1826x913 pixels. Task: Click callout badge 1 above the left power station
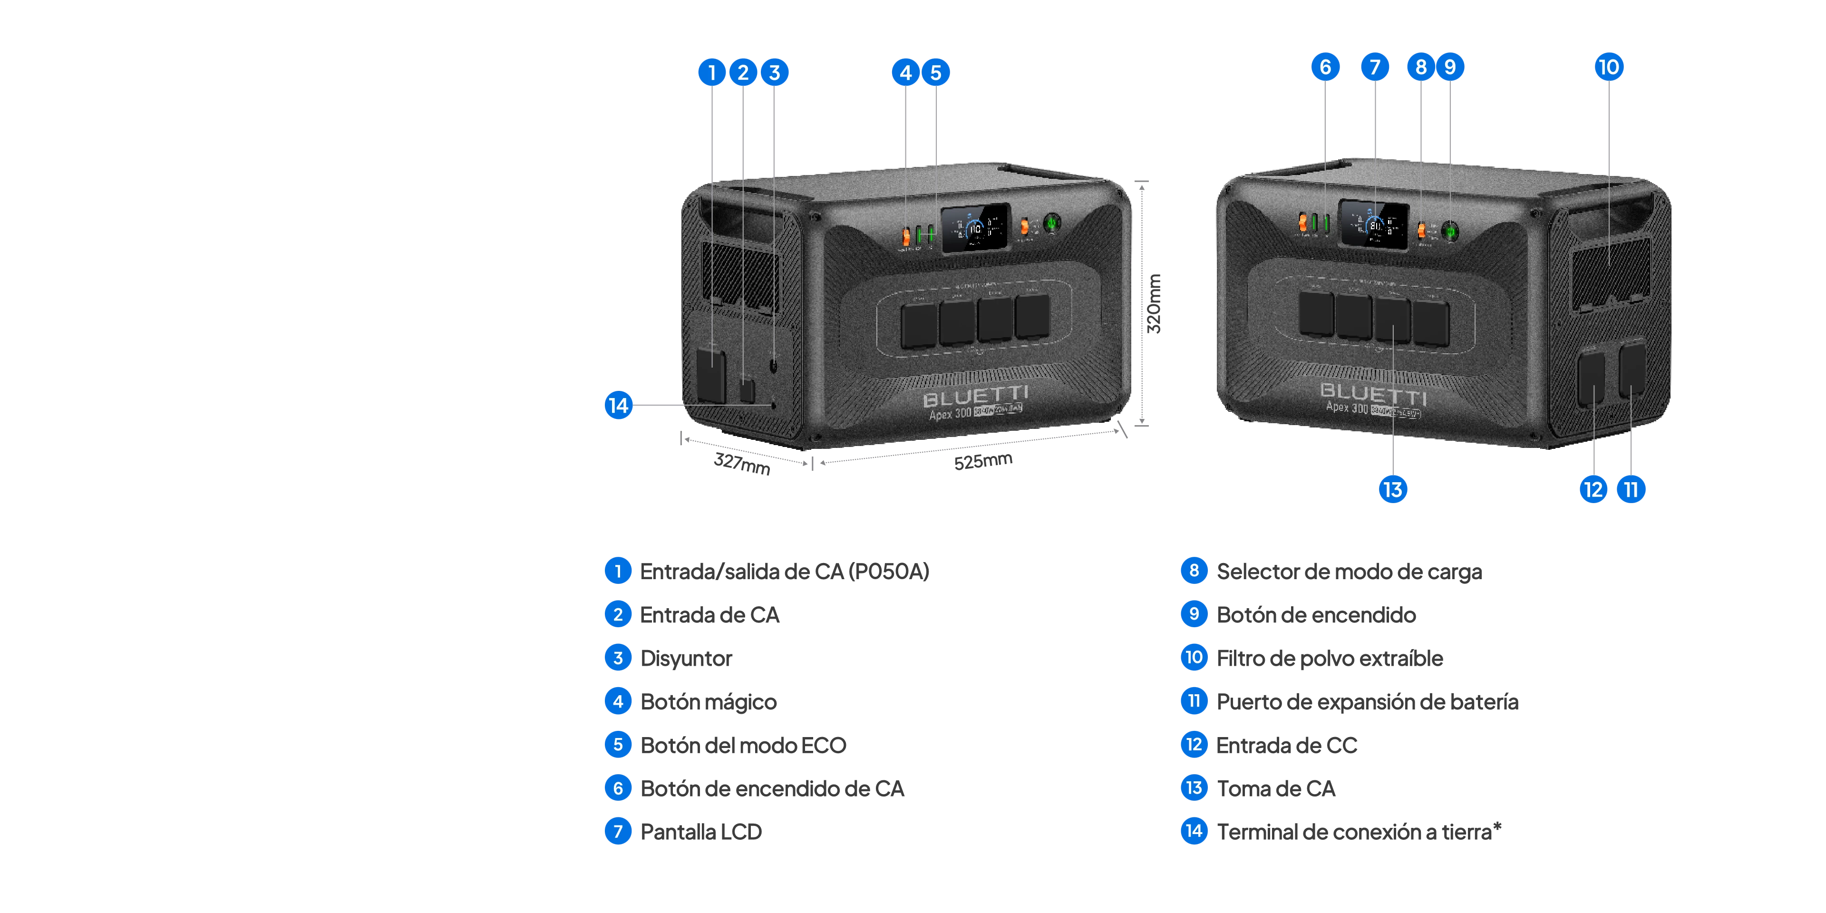click(x=712, y=72)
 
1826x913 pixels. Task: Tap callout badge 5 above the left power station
click(x=936, y=72)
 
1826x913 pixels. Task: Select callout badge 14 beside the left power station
click(x=618, y=406)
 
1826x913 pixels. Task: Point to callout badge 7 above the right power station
click(x=1374, y=68)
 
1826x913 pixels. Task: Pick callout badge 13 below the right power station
click(x=1392, y=489)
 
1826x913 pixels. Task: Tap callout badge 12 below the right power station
click(x=1593, y=489)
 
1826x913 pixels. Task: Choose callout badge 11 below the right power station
click(x=1631, y=489)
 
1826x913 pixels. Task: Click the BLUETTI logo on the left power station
click(x=975, y=396)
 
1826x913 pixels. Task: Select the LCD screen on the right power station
click(x=1373, y=225)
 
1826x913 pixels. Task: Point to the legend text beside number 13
click(x=1277, y=788)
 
